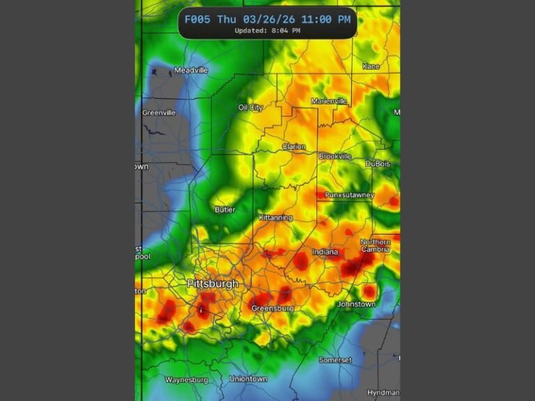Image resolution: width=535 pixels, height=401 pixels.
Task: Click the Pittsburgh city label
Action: coord(212,284)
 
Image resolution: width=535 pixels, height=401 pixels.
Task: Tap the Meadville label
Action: coord(191,70)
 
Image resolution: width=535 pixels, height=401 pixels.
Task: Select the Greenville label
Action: coord(159,113)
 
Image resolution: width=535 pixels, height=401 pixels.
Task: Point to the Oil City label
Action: coord(251,108)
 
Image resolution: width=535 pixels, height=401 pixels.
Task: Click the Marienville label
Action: coord(329,101)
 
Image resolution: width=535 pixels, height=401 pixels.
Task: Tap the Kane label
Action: coord(371,67)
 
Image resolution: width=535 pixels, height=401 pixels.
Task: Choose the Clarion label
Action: coord(293,147)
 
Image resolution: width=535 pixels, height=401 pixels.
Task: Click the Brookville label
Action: coord(335,157)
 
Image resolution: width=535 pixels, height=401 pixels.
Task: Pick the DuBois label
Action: coord(378,164)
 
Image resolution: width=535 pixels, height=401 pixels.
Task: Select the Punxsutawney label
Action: coord(349,195)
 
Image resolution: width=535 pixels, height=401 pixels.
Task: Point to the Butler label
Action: coord(225,210)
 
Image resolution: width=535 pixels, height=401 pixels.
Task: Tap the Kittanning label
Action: coord(275,218)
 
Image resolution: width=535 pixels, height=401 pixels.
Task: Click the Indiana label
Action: coord(325,251)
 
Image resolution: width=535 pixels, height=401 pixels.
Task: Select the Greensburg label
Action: coord(272,308)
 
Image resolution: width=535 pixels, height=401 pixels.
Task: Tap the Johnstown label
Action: coord(356,304)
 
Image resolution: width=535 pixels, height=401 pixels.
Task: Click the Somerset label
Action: coord(335,360)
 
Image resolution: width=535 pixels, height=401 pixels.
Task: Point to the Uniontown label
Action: coord(248,379)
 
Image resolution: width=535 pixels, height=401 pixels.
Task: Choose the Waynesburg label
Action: coord(186,379)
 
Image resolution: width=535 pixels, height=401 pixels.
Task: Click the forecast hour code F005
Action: coord(197,19)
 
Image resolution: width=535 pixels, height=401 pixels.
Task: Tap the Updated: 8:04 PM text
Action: coord(267,31)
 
